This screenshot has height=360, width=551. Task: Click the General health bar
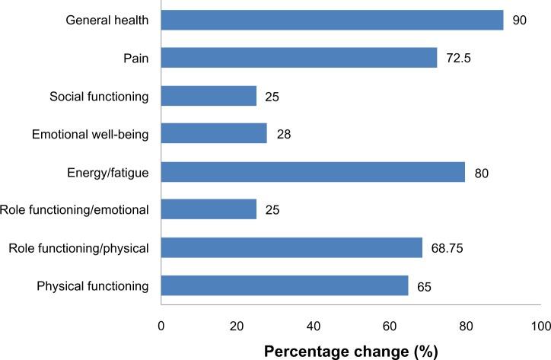tap(332, 21)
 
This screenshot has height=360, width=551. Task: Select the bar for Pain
tap(298, 58)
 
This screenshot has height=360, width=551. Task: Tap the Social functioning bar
tap(209, 96)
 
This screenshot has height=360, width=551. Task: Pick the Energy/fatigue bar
tap(313, 172)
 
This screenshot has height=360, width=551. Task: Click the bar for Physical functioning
tap(284, 285)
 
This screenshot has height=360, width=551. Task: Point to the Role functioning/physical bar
tap(291, 247)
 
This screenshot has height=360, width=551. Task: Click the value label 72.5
tap(459, 59)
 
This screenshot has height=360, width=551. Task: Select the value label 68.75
tap(449, 248)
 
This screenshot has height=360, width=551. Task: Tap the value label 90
tap(520, 21)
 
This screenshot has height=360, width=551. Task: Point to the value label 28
tap(283, 135)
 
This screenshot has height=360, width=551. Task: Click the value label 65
tap(425, 286)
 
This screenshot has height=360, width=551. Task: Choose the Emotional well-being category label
tap(91, 135)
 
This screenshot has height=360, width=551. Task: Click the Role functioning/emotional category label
tap(75, 210)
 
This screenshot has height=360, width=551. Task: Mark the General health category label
tap(107, 21)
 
